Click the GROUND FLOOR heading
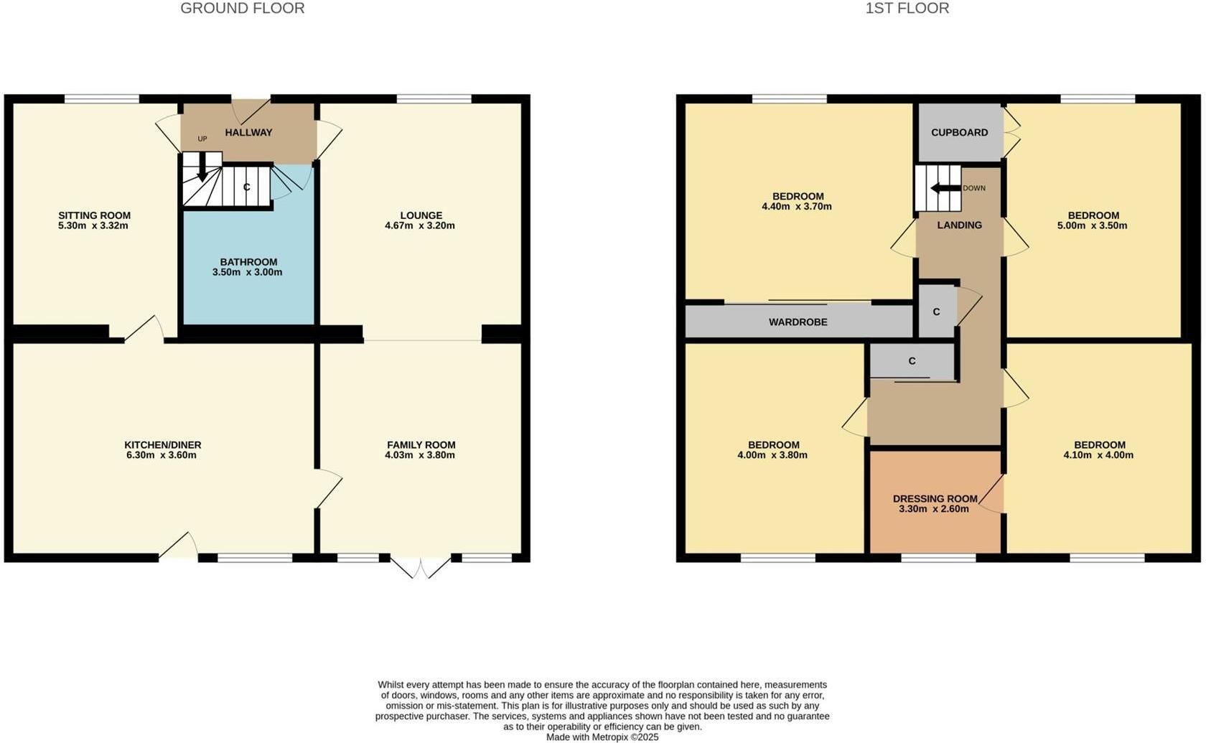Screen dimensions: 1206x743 tap(243, 8)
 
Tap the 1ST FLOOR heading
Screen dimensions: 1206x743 tap(907, 8)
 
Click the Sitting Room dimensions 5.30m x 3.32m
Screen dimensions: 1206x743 tap(93, 225)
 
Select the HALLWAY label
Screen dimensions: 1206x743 tap(248, 132)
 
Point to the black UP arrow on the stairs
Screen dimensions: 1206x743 tap(202, 167)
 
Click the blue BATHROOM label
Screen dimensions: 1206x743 tap(248, 262)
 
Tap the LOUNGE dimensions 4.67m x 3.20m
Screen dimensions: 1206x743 tap(420, 225)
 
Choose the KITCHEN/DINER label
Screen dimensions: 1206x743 tap(162, 445)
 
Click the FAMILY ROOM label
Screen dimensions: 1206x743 tap(421, 445)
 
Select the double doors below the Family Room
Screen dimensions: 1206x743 tap(421, 567)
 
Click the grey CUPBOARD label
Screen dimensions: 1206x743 tap(959, 132)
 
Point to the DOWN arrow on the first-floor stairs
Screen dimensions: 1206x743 tap(946, 188)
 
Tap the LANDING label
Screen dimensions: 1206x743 tap(959, 225)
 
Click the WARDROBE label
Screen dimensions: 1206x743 tap(798, 322)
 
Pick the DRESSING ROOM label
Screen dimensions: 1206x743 tap(935, 499)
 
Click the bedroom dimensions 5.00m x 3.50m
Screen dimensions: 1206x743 tap(1093, 225)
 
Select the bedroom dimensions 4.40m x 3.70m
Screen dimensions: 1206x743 tap(797, 206)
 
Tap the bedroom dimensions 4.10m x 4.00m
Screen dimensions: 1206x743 tap(1099, 455)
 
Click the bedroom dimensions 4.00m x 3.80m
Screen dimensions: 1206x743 tap(772, 455)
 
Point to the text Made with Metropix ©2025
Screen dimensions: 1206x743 tap(602, 737)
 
